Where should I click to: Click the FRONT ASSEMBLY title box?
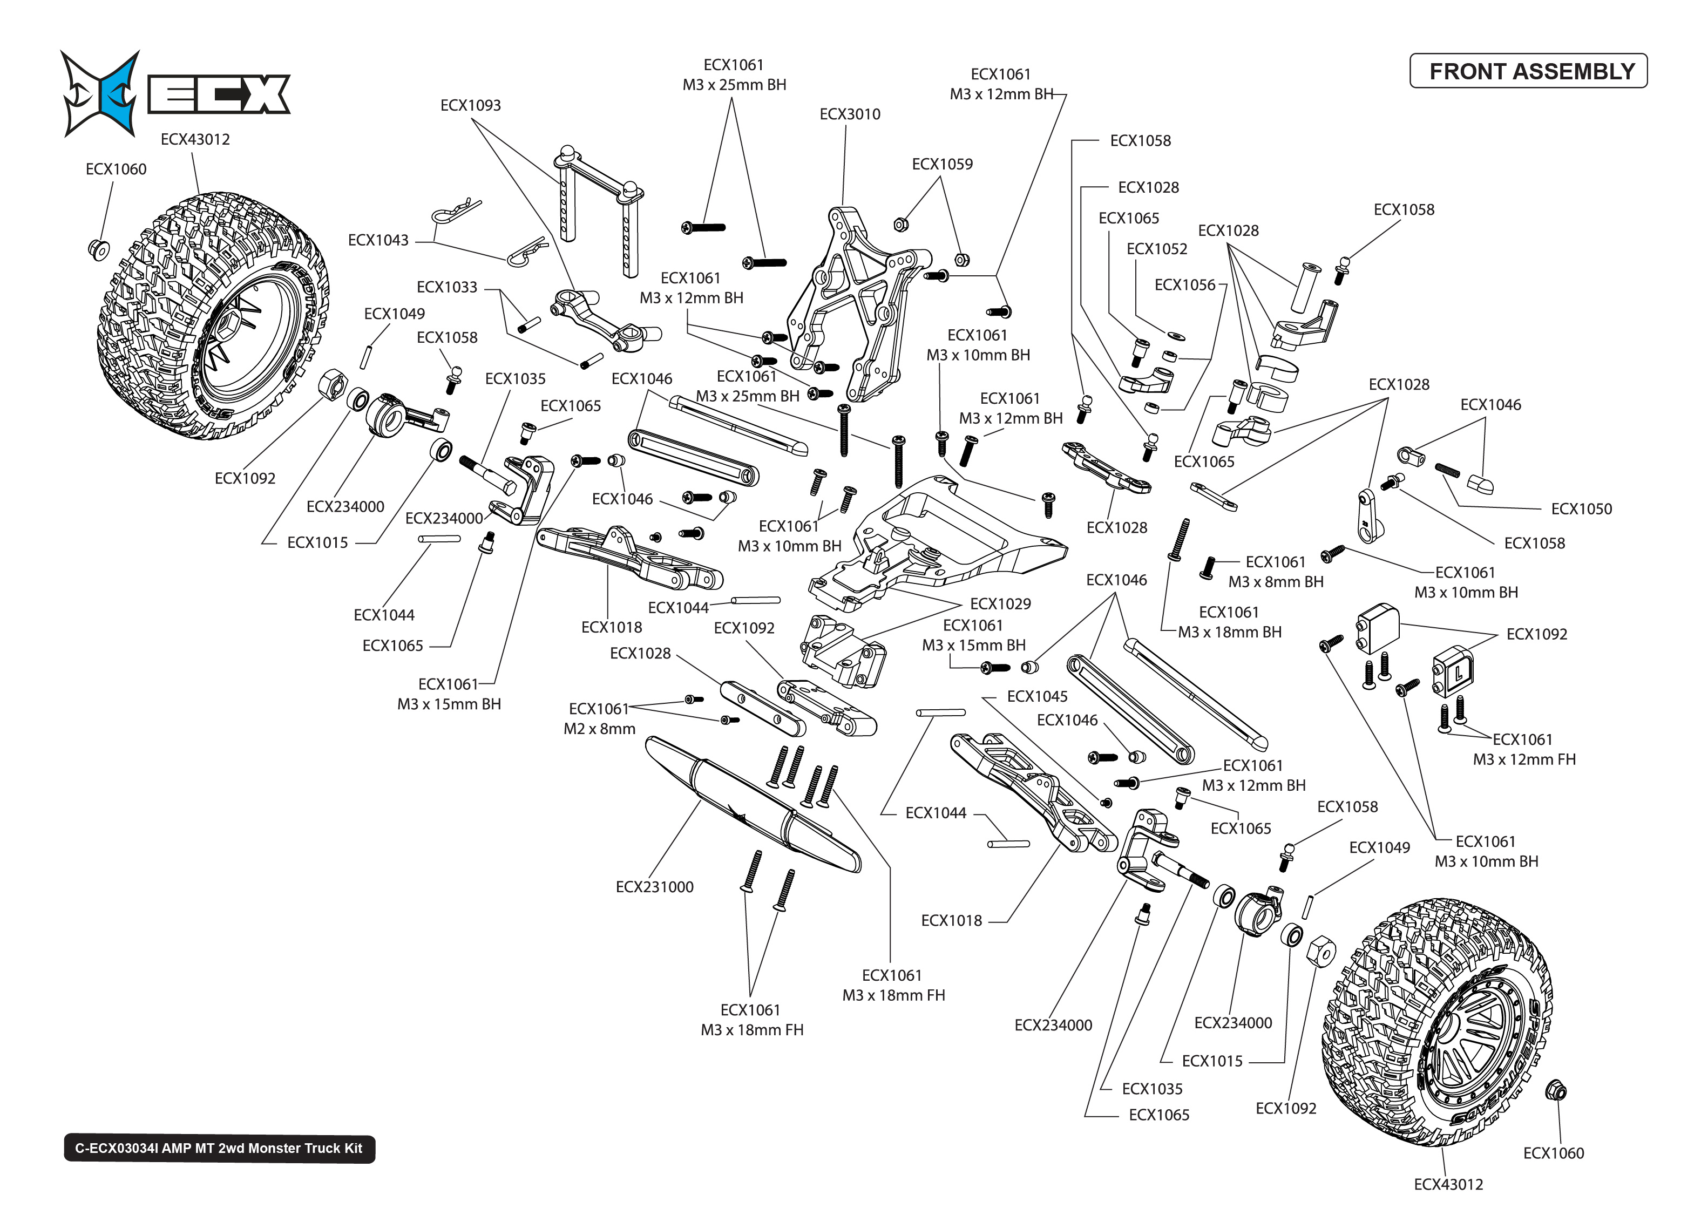pos(1528,71)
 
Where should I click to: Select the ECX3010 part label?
pos(850,114)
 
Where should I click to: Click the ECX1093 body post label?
pos(471,105)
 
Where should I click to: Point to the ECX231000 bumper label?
pos(654,887)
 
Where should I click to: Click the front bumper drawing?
pos(752,804)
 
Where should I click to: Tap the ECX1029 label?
pos(1000,604)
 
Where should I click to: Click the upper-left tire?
pos(213,314)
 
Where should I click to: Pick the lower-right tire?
pos(1436,1025)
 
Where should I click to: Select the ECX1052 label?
pos(1156,249)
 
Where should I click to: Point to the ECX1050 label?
pos(1581,509)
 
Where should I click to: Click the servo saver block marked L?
pos(1453,671)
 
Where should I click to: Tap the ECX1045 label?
pos(1037,696)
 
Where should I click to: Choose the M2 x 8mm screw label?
pos(599,729)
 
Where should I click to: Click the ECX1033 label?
pos(446,287)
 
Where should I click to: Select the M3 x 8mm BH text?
pos(1276,581)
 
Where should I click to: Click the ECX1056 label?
pos(1185,285)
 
